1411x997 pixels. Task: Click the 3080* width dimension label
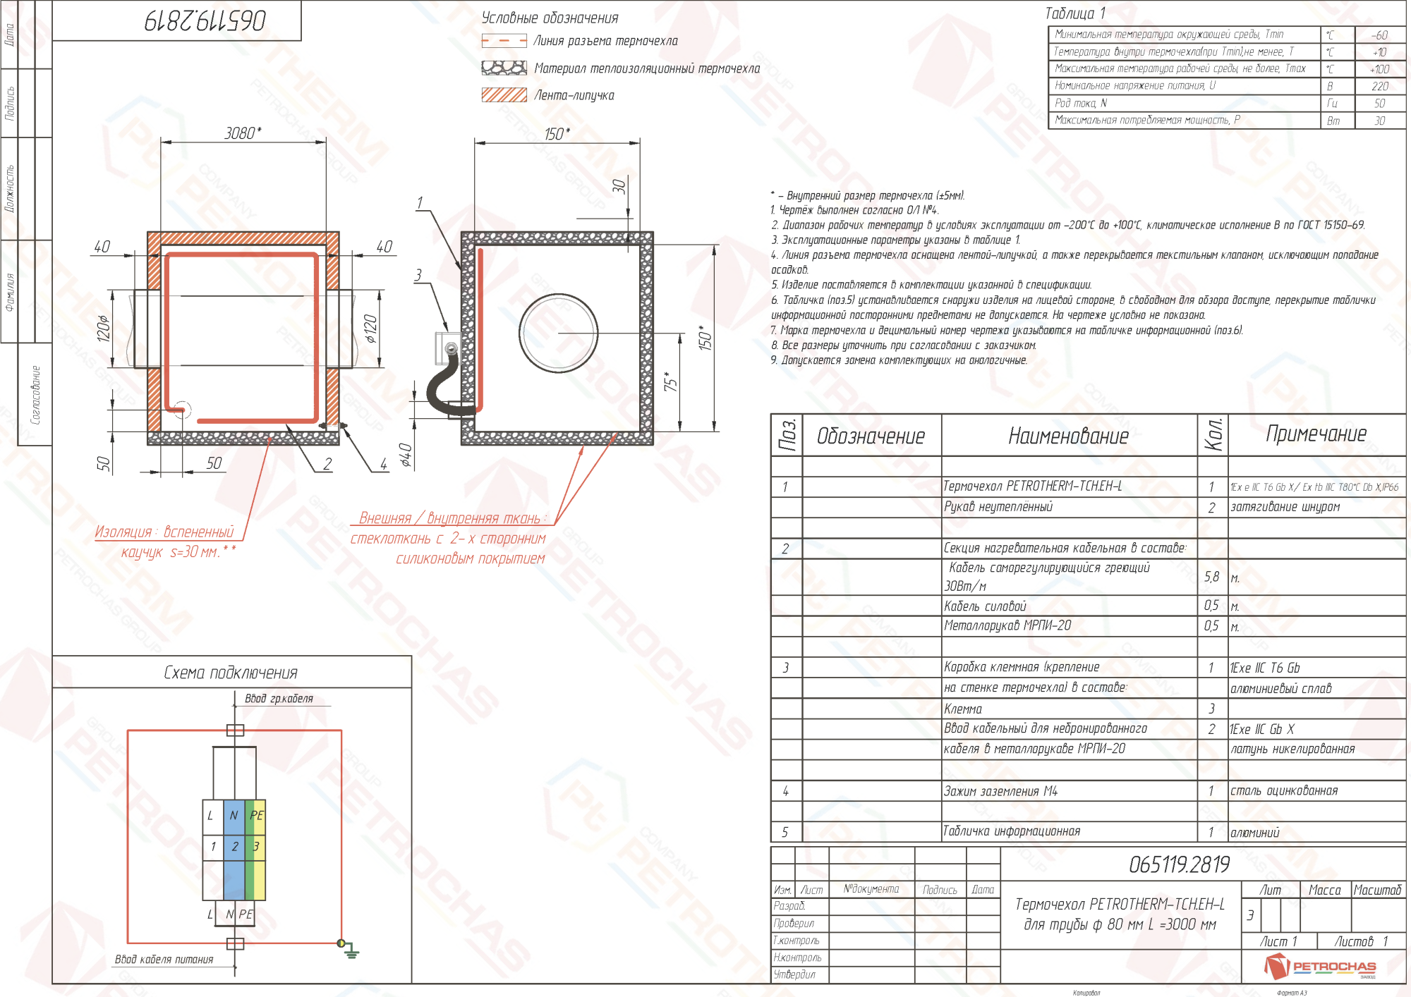(x=243, y=133)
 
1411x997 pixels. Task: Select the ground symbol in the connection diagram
(x=351, y=953)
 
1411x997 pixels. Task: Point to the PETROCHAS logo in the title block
(x=1319, y=966)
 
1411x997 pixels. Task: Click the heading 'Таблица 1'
(x=1074, y=13)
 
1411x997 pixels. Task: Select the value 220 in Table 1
(x=1379, y=86)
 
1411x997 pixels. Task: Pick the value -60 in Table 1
(x=1379, y=35)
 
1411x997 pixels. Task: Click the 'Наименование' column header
(x=1068, y=436)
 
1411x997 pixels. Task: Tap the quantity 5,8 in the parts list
(x=1211, y=577)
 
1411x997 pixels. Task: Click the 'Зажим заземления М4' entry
(x=1000, y=791)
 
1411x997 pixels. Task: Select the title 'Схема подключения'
(x=231, y=673)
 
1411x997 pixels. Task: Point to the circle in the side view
(x=559, y=332)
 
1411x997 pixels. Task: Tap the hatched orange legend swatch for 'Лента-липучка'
(x=504, y=95)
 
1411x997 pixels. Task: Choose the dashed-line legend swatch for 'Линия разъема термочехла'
(x=504, y=41)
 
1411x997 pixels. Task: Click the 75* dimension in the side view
(x=670, y=381)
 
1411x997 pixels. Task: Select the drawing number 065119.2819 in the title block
(x=1179, y=864)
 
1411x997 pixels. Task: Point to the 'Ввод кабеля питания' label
(x=164, y=959)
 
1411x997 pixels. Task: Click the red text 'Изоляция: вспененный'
(x=164, y=532)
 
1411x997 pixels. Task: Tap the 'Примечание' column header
(x=1316, y=434)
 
